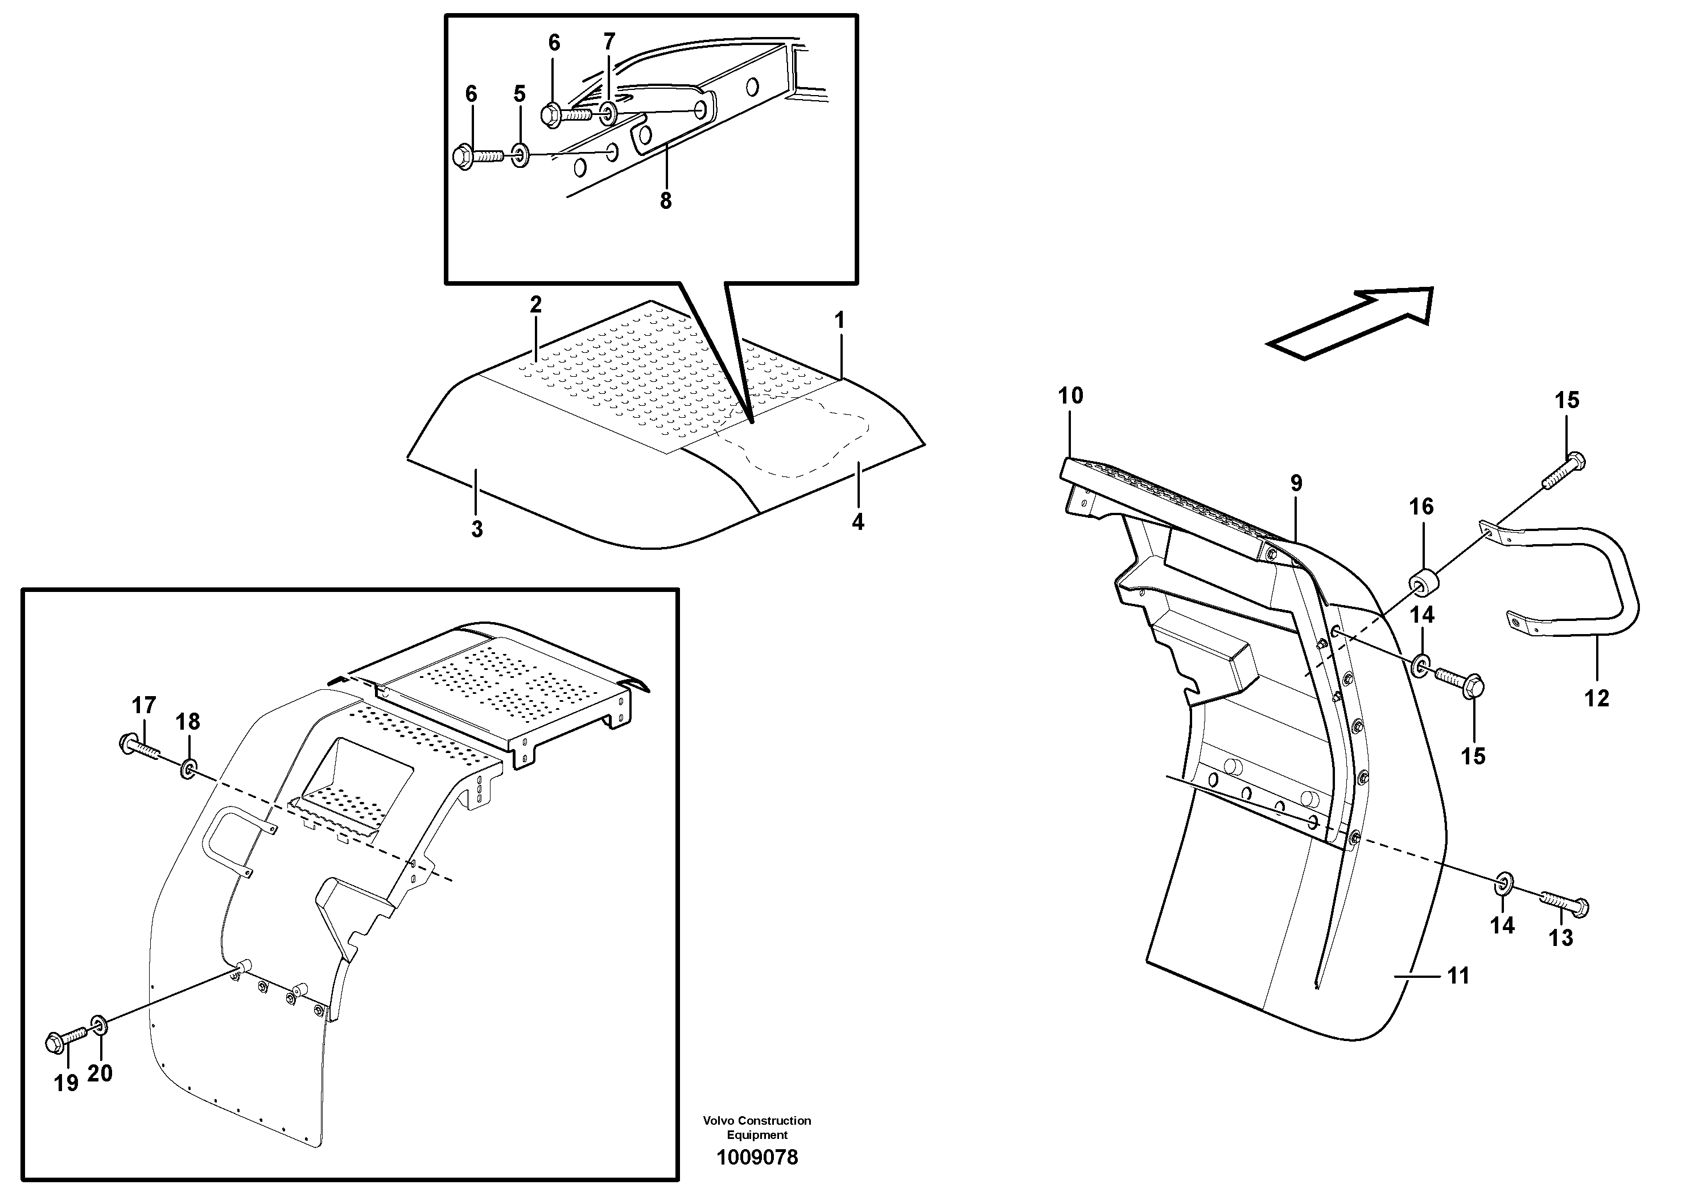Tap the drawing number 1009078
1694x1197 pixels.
pyautogui.click(x=757, y=1157)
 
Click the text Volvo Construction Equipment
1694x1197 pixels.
pyautogui.click(x=757, y=1127)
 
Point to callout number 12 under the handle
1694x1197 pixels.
pyautogui.click(x=1597, y=698)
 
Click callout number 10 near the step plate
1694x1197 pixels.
pyautogui.click(x=1070, y=396)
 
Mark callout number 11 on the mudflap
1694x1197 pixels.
pyautogui.click(x=1458, y=976)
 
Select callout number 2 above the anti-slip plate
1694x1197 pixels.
pyautogui.click(x=535, y=304)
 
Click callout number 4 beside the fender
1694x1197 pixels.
pyautogui.click(x=858, y=522)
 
